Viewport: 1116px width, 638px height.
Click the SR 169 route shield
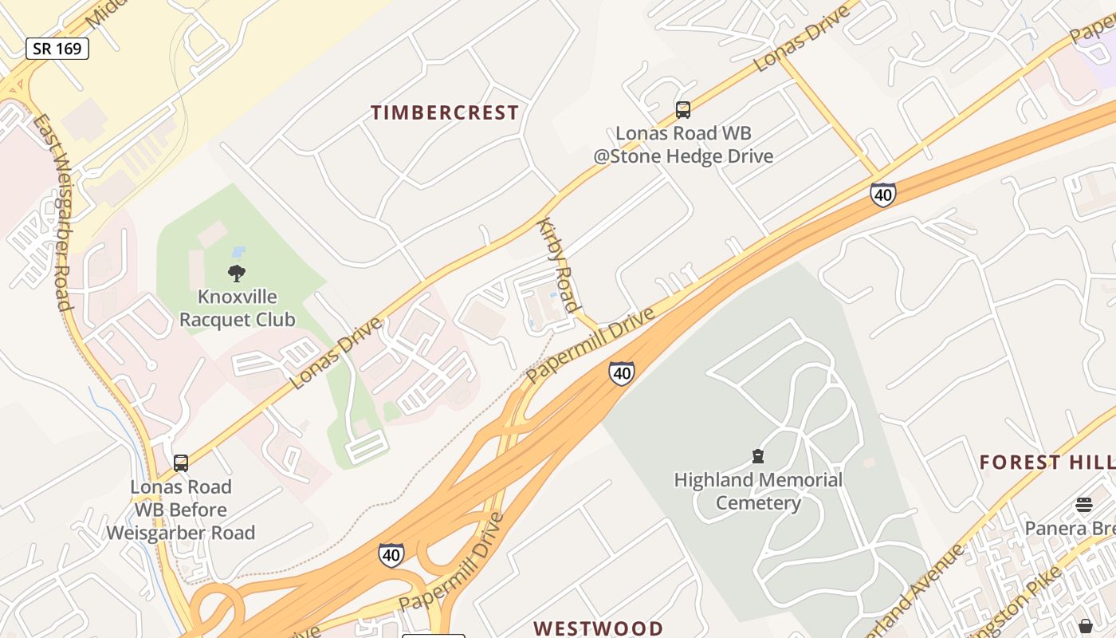click(x=57, y=49)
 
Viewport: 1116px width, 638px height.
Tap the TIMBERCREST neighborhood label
click(x=445, y=113)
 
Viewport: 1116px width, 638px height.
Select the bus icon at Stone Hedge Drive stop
click(x=682, y=110)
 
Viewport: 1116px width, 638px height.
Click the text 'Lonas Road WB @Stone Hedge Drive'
click(x=683, y=144)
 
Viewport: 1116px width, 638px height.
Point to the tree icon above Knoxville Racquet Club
click(x=236, y=274)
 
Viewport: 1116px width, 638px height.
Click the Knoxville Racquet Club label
click(x=237, y=309)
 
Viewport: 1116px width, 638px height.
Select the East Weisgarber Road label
click(x=53, y=211)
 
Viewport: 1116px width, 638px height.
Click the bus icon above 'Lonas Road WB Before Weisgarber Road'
click(x=181, y=463)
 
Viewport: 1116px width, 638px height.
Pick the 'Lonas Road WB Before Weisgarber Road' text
click(x=181, y=510)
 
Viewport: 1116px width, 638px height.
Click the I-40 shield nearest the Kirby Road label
click(x=622, y=372)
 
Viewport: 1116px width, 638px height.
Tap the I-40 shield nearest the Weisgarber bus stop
click(x=391, y=554)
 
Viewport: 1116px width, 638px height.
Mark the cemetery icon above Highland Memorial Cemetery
click(x=757, y=456)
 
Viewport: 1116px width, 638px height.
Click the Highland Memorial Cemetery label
click(x=758, y=491)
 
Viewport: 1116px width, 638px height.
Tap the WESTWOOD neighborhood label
click(x=598, y=628)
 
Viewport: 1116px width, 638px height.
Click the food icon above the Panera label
click(x=1083, y=504)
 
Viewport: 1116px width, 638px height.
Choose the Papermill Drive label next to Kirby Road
click(x=591, y=344)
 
